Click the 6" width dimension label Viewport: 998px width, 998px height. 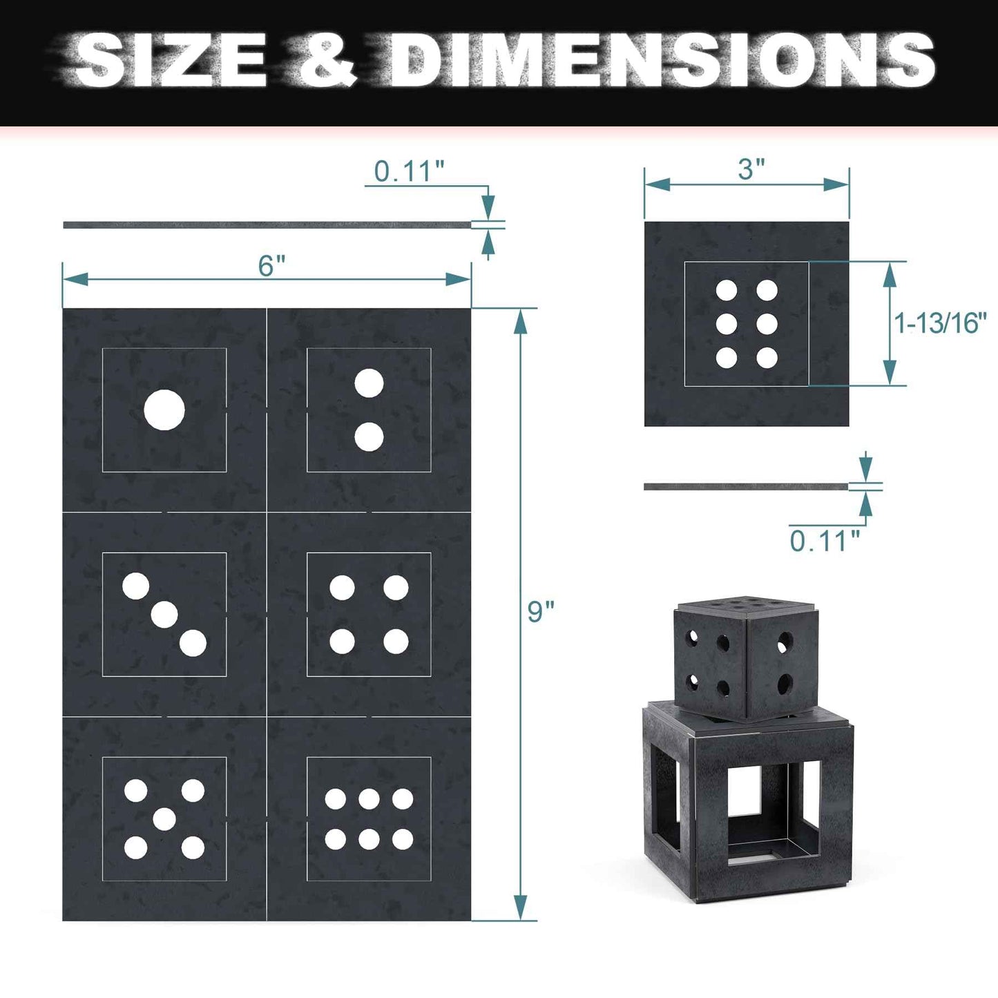(271, 265)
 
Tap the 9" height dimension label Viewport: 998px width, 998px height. (541, 611)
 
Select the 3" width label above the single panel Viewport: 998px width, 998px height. (751, 169)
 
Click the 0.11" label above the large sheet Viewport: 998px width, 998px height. (409, 171)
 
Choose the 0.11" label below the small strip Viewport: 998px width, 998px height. (825, 541)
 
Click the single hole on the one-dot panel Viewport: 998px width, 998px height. (164, 410)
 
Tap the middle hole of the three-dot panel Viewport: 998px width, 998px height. (164, 615)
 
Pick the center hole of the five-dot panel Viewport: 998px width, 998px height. (164, 819)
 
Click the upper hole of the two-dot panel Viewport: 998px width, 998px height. (369, 383)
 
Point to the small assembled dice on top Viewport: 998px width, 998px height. (746, 660)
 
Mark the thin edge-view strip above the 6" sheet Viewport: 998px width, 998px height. (266, 225)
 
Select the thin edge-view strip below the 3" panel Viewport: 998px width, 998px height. (746, 487)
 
